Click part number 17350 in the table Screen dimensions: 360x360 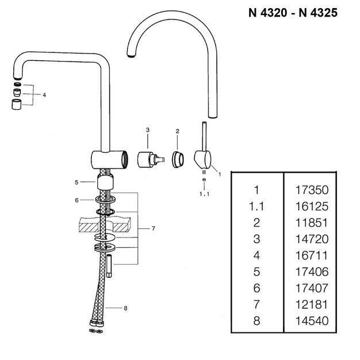coord(312,190)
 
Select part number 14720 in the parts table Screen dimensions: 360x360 coord(312,239)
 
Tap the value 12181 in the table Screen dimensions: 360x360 coord(311,304)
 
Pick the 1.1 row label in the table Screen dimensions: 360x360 coord(256,206)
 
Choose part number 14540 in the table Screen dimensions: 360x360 coord(312,321)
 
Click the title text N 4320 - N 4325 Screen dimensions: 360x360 coord(293,13)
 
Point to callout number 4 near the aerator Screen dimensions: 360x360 coord(44,95)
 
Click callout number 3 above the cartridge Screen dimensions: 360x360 coord(148,130)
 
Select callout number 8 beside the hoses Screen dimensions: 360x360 coord(125,308)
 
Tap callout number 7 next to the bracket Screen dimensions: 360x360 coord(154,228)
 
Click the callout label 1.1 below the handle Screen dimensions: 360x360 coord(204,194)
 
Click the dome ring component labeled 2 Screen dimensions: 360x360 coord(178,159)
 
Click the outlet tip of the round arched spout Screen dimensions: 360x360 coord(131,55)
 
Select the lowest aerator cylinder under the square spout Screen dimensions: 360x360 coord(17,105)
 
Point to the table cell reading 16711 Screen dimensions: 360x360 coord(311,255)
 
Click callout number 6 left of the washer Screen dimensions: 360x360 coord(76,201)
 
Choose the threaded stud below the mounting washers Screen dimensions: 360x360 coord(109,266)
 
